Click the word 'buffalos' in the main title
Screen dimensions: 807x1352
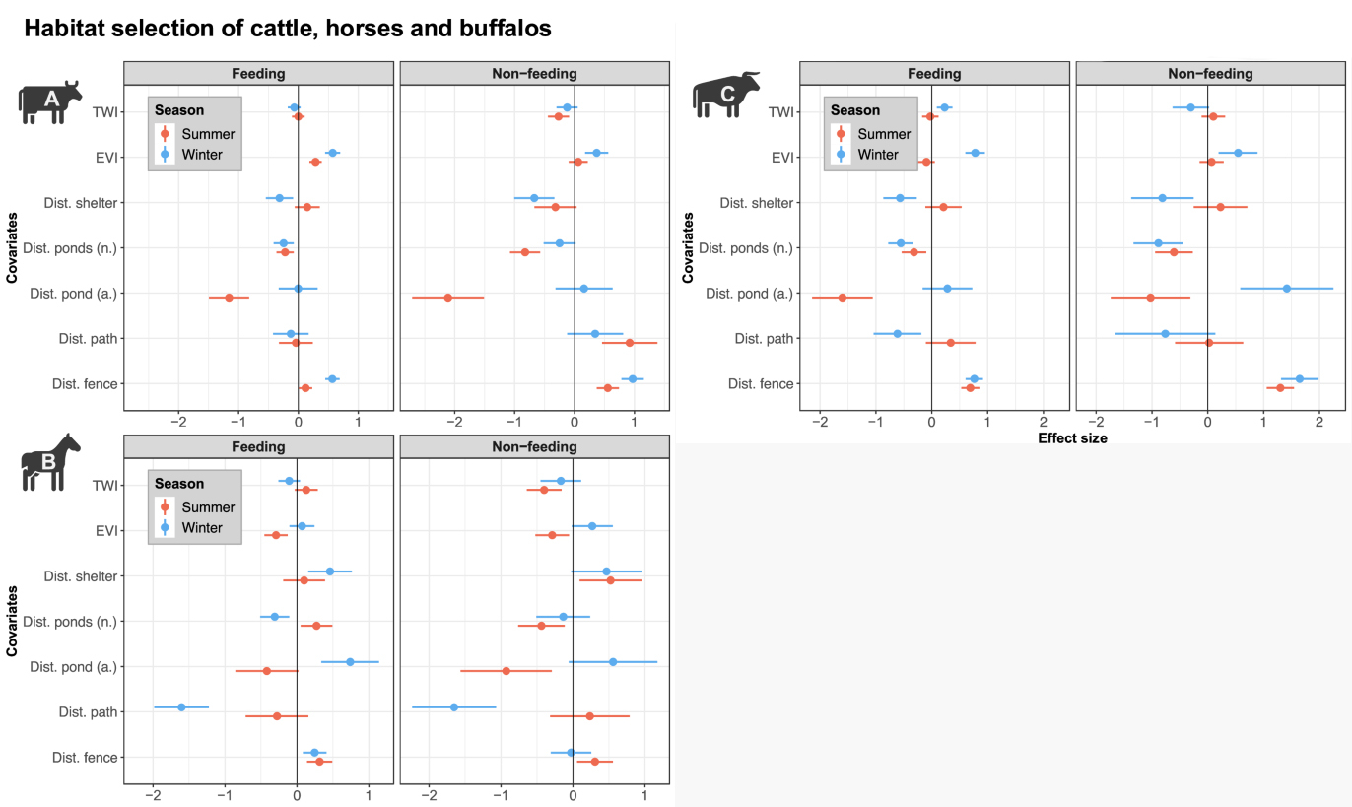click(x=501, y=29)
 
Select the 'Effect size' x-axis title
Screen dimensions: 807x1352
click(x=1072, y=438)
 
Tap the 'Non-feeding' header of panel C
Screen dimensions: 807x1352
click(x=1210, y=73)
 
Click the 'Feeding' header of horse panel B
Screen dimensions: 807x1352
click(x=258, y=446)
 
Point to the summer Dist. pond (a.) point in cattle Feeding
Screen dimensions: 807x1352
click(x=229, y=298)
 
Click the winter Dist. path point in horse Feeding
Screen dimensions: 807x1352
click(x=181, y=706)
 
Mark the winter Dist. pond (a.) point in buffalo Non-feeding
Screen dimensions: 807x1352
click(x=1286, y=289)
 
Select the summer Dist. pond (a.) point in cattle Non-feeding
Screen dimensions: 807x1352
click(x=448, y=298)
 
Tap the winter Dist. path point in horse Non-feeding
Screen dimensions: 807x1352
click(x=454, y=706)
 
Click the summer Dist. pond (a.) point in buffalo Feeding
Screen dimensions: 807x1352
click(x=842, y=298)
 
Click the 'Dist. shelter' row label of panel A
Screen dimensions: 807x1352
click(x=81, y=203)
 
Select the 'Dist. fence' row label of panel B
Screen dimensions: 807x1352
click(x=85, y=757)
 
